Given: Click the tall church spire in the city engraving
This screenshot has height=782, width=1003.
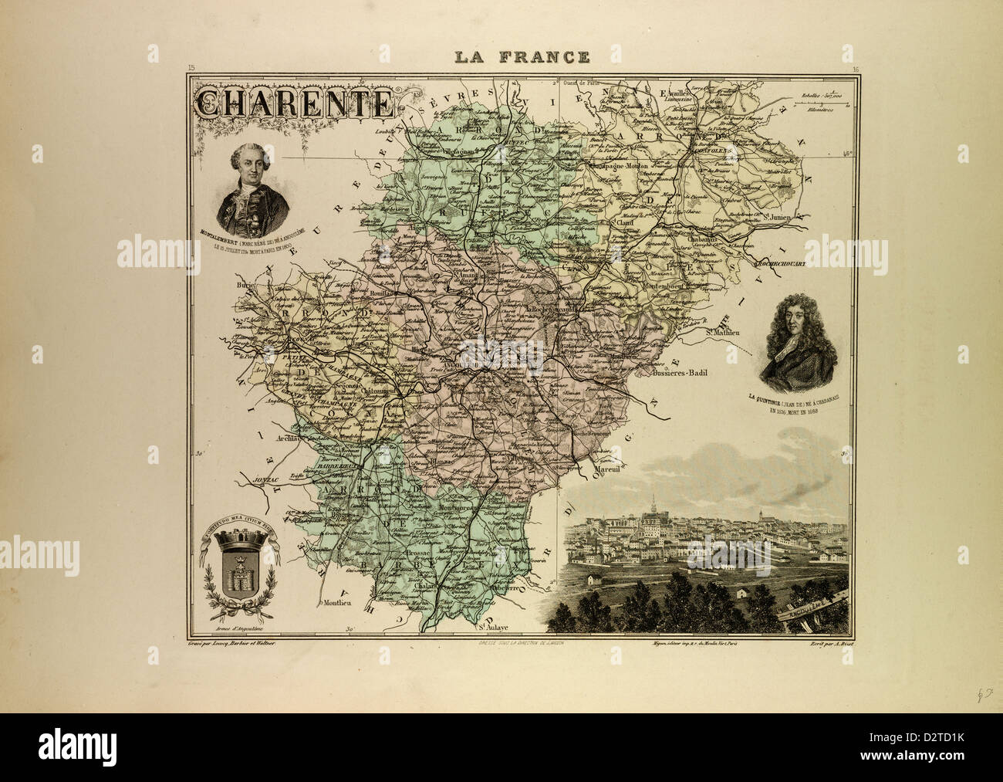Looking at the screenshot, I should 653,504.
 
